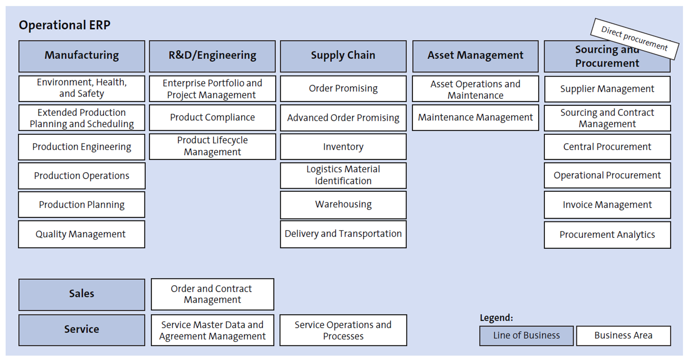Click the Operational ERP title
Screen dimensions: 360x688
[x=64, y=25]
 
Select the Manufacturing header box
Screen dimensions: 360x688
[x=82, y=56]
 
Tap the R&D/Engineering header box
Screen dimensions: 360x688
[x=212, y=56]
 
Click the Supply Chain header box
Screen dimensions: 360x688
[x=343, y=56]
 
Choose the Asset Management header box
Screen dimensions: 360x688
[x=475, y=56]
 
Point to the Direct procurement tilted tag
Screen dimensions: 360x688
[x=634, y=39]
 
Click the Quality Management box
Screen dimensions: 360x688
[x=82, y=234]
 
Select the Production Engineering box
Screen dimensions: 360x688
[x=82, y=147]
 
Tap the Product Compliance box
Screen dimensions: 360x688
[x=212, y=118]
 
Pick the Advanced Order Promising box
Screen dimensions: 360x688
[x=343, y=118]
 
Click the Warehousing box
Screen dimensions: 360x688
[x=343, y=204]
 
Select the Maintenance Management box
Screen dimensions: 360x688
[x=475, y=118]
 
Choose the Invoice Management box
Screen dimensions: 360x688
[x=607, y=205]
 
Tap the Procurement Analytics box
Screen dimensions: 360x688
[x=607, y=235]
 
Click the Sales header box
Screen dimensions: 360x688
[x=82, y=294]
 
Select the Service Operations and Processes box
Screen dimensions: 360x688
[x=343, y=330]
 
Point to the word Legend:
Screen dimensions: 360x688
[x=496, y=318]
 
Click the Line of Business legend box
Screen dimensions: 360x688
[x=526, y=336]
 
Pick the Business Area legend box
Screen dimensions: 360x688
[x=623, y=336]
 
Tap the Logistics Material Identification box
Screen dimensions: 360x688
[x=343, y=175]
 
